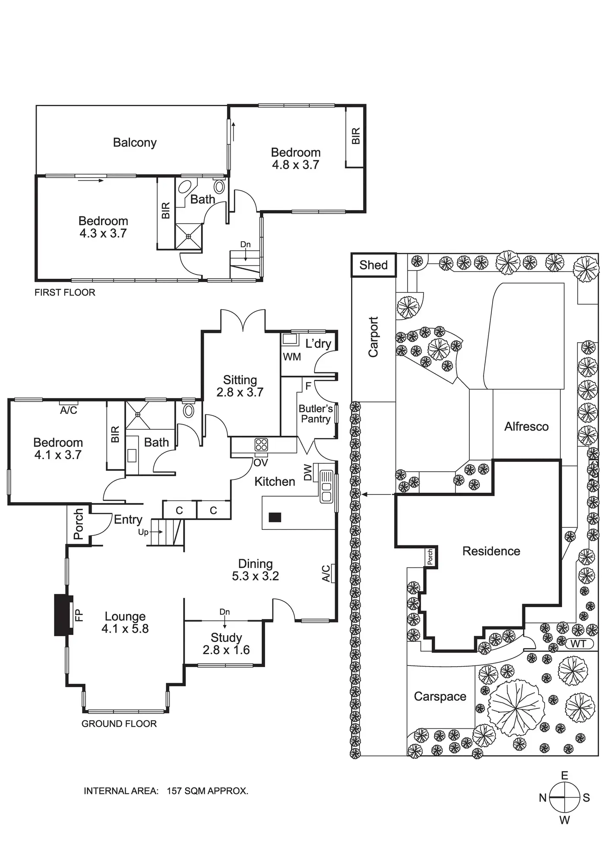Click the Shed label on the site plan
coord(373,265)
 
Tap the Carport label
coord(373,337)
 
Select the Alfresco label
coord(526,427)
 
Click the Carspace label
coord(440,696)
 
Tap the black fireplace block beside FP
coord(63,615)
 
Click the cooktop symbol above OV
coord(261,444)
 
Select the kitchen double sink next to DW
coord(326,486)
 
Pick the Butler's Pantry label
coord(316,413)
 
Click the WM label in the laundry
coord(292,357)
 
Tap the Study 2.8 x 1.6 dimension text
coord(226,650)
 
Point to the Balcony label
coord(135,143)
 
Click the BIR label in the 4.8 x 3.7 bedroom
coord(356,136)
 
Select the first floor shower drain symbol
coord(189,236)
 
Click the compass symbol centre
coord(564,797)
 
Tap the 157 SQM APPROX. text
coord(207,791)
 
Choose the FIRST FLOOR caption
coord(65,293)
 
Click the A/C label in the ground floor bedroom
coord(68,410)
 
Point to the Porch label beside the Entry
coord(78,524)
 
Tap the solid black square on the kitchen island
coord(275,517)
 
